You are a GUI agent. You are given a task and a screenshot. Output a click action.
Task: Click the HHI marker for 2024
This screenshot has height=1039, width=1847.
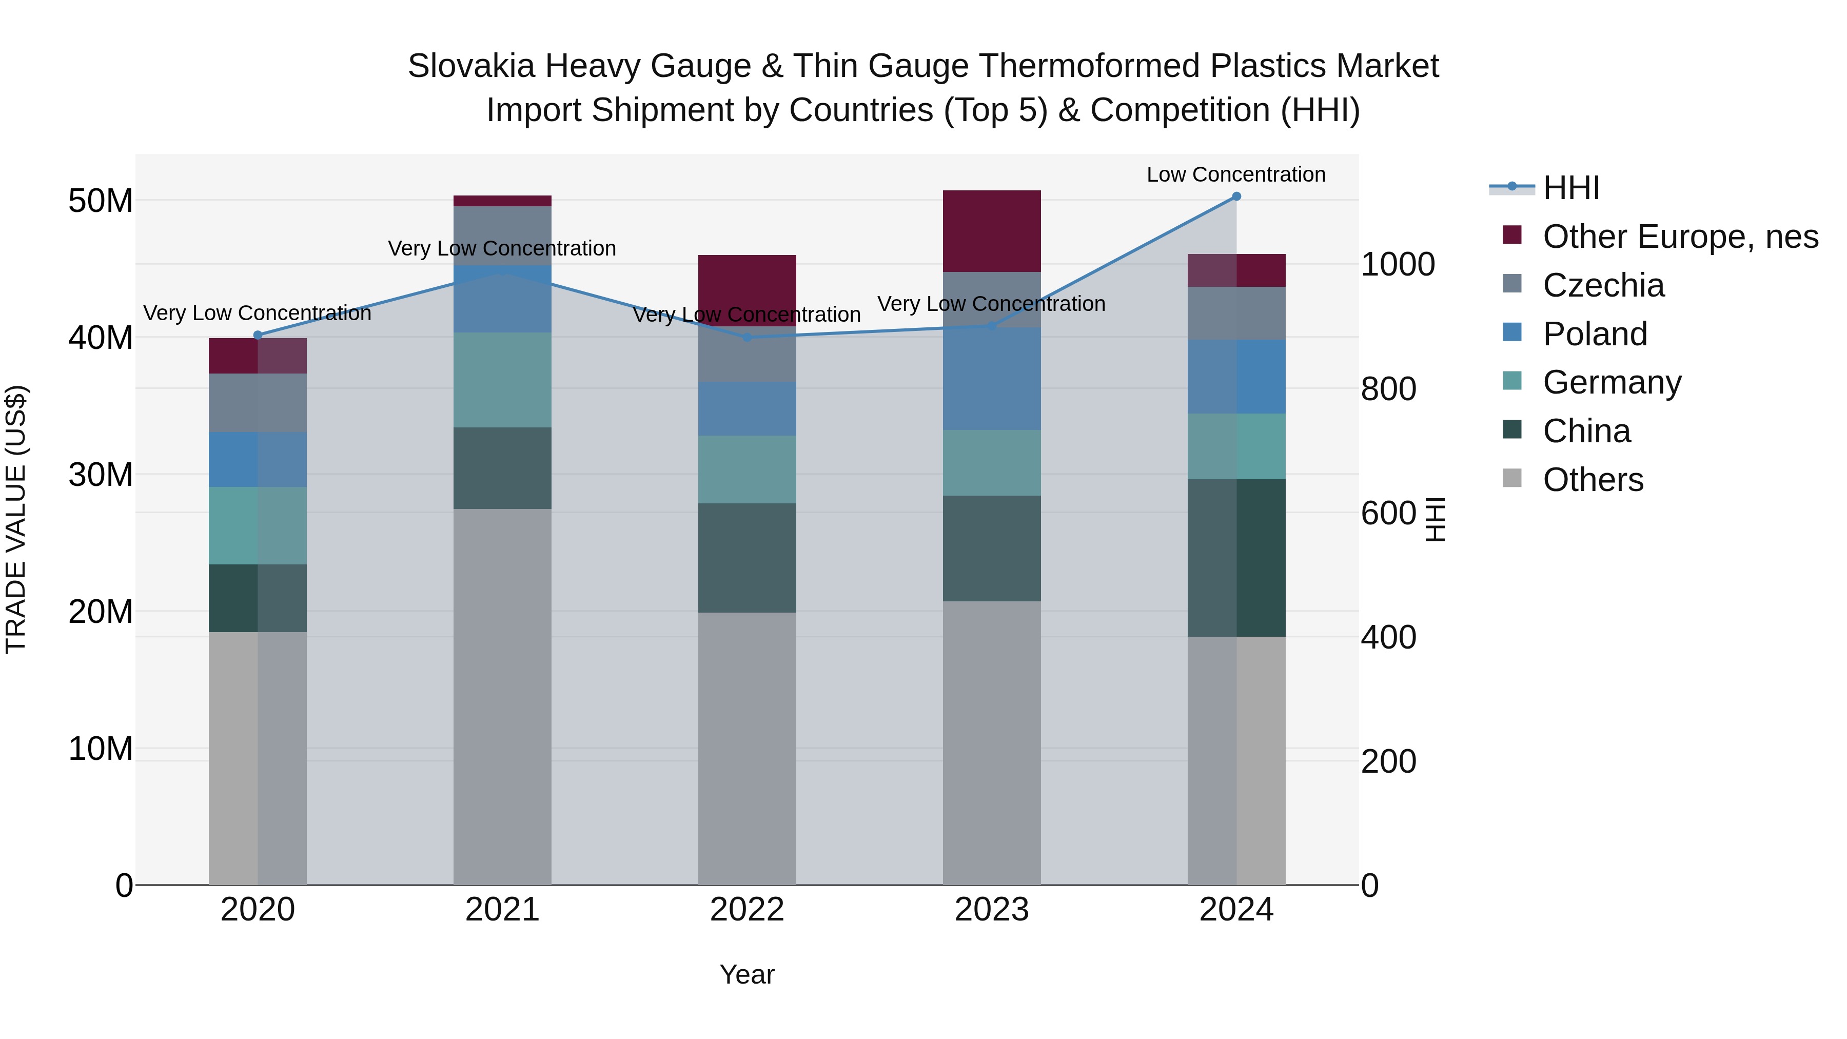[x=1236, y=197]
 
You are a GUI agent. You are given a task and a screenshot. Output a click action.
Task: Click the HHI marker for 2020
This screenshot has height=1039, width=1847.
[x=258, y=335]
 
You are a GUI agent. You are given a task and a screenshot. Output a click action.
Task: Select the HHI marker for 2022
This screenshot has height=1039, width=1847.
[x=747, y=337]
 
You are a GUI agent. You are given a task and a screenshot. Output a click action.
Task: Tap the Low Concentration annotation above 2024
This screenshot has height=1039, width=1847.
[x=1235, y=175]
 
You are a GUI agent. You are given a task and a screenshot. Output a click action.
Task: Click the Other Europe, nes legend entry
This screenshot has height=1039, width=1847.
[x=1680, y=237]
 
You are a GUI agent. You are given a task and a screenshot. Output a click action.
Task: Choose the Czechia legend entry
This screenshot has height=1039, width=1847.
[x=1603, y=285]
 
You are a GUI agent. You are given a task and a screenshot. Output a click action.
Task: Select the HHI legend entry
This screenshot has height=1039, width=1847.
[x=1570, y=188]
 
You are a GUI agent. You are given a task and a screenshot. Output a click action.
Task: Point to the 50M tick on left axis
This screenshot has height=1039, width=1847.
[x=101, y=201]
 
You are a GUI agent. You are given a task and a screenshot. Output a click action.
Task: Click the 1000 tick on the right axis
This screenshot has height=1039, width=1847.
[x=1398, y=265]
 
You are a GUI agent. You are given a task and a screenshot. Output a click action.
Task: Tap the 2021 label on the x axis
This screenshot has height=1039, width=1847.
[x=502, y=910]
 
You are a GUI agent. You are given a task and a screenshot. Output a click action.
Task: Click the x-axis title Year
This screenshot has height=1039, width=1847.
[x=746, y=974]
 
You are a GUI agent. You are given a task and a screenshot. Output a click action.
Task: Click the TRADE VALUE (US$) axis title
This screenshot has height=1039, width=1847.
[x=16, y=519]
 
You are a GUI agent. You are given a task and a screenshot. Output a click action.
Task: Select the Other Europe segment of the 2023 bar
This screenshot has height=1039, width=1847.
[x=992, y=231]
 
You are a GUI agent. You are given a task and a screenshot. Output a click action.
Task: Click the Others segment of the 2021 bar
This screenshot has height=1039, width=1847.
[x=502, y=696]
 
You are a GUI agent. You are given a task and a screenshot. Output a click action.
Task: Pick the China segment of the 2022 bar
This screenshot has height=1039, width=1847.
[x=747, y=557]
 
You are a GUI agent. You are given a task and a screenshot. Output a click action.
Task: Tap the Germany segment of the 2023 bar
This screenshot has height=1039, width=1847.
[x=992, y=462]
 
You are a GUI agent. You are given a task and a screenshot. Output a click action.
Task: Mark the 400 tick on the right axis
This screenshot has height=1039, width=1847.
[x=1388, y=637]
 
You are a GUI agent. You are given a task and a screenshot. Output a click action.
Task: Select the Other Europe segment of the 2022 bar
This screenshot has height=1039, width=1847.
[x=747, y=290]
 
